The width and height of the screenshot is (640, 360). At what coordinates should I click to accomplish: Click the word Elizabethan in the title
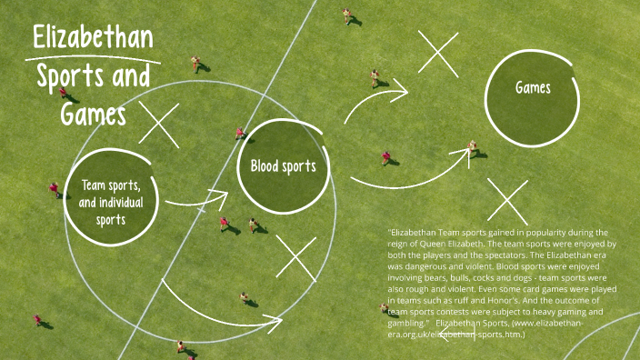[x=92, y=38]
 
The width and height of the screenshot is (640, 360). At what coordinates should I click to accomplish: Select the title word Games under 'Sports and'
[x=94, y=114]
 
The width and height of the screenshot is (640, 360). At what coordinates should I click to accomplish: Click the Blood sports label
[x=283, y=166]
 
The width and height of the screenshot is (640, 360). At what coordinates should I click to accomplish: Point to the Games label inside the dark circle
[x=533, y=88]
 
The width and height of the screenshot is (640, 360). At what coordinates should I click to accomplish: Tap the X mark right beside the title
[x=159, y=125]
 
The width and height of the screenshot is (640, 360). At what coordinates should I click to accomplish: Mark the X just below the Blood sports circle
[x=295, y=258]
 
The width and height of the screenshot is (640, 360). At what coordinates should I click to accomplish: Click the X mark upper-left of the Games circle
[x=438, y=52]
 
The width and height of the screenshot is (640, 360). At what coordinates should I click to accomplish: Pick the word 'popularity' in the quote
[x=543, y=233]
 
